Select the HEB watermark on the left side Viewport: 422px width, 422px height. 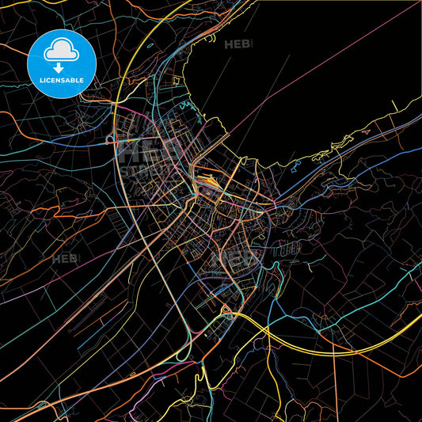pos(65,259)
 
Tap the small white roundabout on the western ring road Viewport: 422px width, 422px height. pos(108,139)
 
